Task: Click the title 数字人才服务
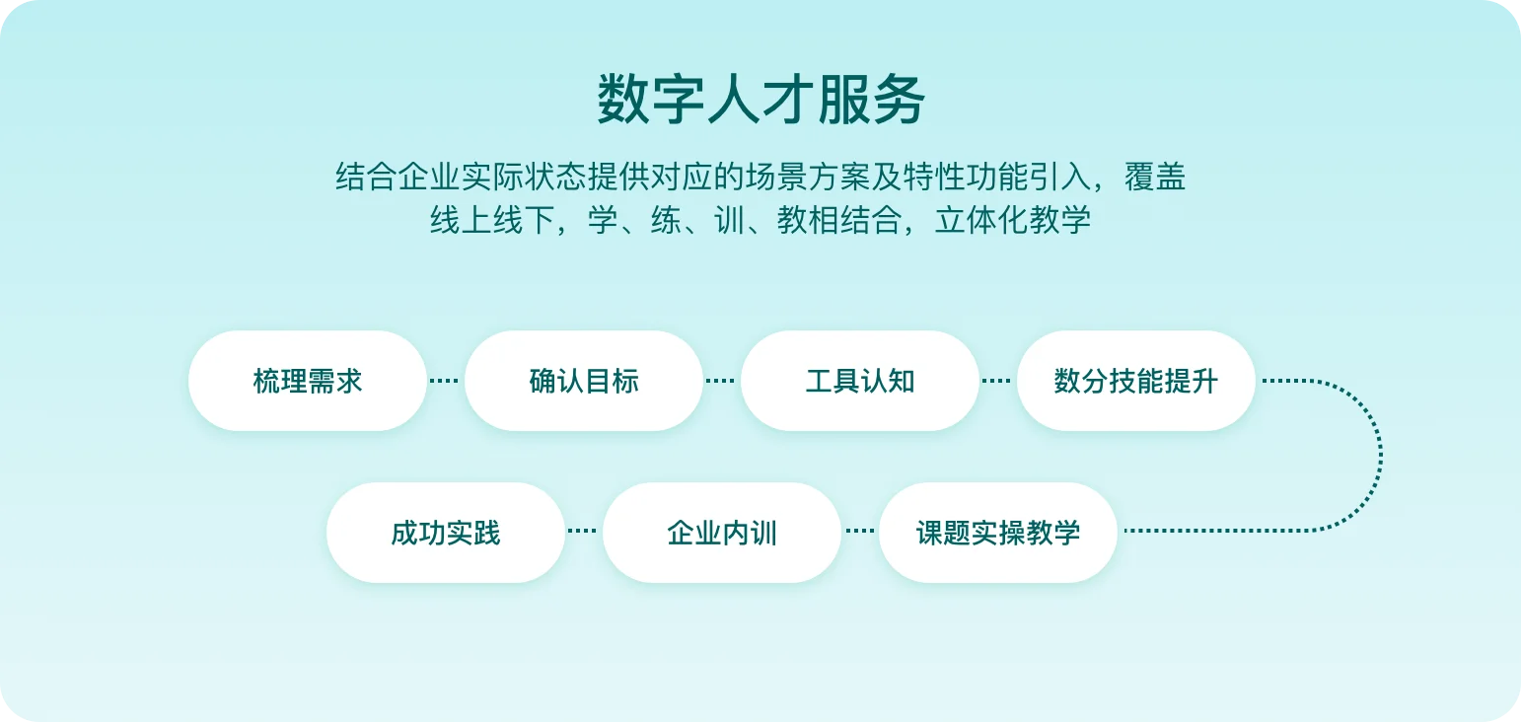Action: tap(760, 100)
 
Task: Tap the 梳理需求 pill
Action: tap(308, 381)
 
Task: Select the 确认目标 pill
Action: tap(584, 381)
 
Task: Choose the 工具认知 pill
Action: tap(860, 381)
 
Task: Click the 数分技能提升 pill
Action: tap(1136, 381)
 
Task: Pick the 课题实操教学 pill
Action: tap(998, 533)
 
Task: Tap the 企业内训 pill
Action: tap(722, 533)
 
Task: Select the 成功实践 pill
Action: tap(446, 533)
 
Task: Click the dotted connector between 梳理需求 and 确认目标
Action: tap(444, 381)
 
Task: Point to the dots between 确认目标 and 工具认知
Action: tap(720, 381)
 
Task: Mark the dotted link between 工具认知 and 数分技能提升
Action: tap(996, 381)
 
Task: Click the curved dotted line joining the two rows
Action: tap(1380, 455)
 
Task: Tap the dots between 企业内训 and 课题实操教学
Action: tap(860, 531)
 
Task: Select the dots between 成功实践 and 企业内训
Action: tap(582, 531)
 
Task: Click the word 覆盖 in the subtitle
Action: tap(1155, 177)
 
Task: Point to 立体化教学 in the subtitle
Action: tap(1012, 220)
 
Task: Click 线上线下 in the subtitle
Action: tap(492, 220)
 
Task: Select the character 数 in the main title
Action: tap(623, 100)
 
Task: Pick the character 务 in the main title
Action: tap(899, 100)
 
